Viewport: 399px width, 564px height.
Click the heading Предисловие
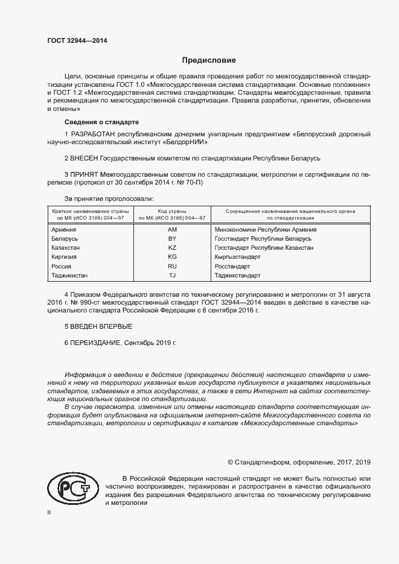coord(209,60)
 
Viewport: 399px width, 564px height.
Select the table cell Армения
coord(63,229)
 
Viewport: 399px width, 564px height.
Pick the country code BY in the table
coord(171,239)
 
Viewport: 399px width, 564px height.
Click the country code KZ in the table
coord(171,248)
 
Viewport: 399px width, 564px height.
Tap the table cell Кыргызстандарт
coord(238,257)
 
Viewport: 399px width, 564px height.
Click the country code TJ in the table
coord(171,275)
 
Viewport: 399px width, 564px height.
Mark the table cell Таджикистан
coord(69,275)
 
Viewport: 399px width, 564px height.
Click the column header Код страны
coord(172,211)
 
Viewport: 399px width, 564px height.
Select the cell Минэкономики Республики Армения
coord(266,229)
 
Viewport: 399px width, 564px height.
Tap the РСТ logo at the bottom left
coord(71,486)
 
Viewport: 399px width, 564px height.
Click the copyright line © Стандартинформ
coord(299,462)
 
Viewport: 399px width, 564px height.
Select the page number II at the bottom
coord(49,512)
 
